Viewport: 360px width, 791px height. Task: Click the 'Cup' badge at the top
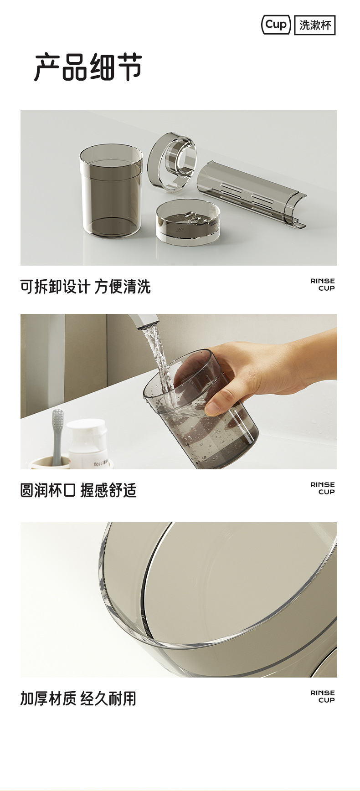(276, 25)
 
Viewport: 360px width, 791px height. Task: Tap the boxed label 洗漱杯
(315, 25)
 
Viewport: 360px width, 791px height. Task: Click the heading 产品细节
(88, 67)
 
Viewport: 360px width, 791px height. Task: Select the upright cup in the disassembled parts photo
(111, 190)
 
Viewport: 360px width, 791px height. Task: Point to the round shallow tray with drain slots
(188, 222)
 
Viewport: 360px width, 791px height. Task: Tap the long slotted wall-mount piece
(251, 193)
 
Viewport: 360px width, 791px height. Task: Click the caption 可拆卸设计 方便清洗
(85, 287)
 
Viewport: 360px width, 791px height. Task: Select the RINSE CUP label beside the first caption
(323, 285)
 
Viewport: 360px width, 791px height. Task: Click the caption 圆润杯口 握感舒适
(78, 491)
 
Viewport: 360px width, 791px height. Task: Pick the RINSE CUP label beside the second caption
(323, 488)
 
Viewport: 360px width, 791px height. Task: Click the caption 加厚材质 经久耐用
(78, 699)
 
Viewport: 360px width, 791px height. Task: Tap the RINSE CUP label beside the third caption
(323, 696)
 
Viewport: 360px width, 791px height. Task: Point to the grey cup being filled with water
(201, 410)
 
